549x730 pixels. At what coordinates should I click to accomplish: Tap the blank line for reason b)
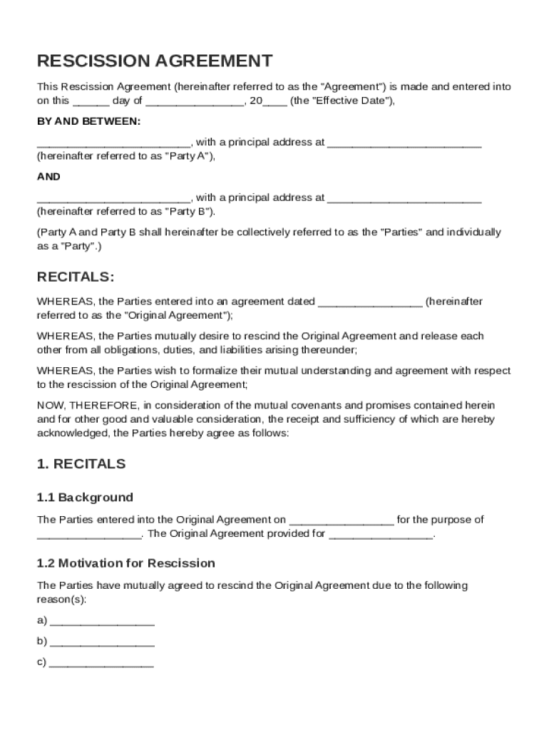pyautogui.click(x=103, y=642)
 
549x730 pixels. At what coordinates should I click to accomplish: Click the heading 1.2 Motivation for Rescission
pyautogui.click(x=126, y=563)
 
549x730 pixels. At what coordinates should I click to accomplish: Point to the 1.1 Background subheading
pyautogui.click(x=85, y=497)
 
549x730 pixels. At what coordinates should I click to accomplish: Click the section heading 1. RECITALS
pyautogui.click(x=81, y=464)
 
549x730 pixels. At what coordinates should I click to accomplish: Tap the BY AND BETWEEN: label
pyautogui.click(x=89, y=121)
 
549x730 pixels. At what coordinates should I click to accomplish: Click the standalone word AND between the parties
pyautogui.click(x=48, y=177)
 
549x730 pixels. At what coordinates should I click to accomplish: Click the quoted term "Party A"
pyautogui.click(x=189, y=156)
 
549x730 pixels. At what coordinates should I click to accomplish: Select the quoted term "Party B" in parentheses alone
pyautogui.click(x=189, y=212)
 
